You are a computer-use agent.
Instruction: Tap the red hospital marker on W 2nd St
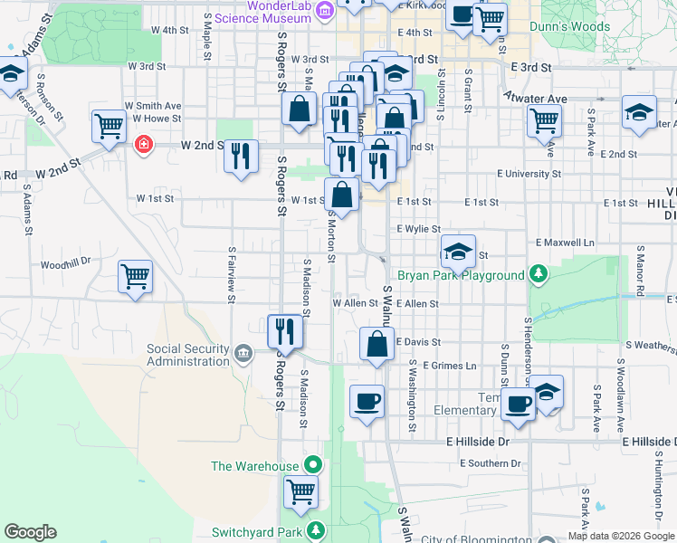coord(143,145)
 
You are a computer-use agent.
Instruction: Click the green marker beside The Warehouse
coord(313,466)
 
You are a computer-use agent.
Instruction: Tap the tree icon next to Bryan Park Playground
coord(539,274)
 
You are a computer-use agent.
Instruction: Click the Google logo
coord(31,532)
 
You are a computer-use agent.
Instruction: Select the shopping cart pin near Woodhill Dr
coord(136,276)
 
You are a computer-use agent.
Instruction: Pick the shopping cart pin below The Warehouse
coord(301,493)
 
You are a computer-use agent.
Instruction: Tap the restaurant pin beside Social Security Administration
coord(285,331)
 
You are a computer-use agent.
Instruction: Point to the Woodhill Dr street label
coord(66,263)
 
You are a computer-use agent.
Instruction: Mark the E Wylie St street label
coord(418,230)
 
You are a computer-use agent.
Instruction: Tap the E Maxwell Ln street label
coord(566,243)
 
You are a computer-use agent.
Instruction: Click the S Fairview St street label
coord(234,269)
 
